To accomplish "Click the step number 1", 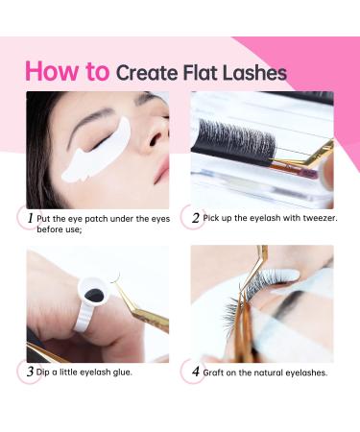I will pyautogui.click(x=31, y=218).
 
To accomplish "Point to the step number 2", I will pyautogui.click(x=196, y=218).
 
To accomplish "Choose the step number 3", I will pyautogui.click(x=31, y=372).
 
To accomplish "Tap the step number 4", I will pyautogui.click(x=196, y=372).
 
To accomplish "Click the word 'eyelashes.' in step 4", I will pyautogui.click(x=302, y=372).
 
